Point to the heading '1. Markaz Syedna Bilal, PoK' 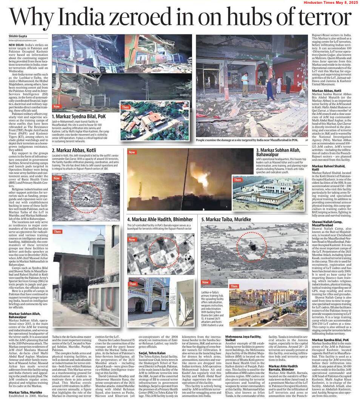[79, 117]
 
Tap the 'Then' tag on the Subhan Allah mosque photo [238, 180]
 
